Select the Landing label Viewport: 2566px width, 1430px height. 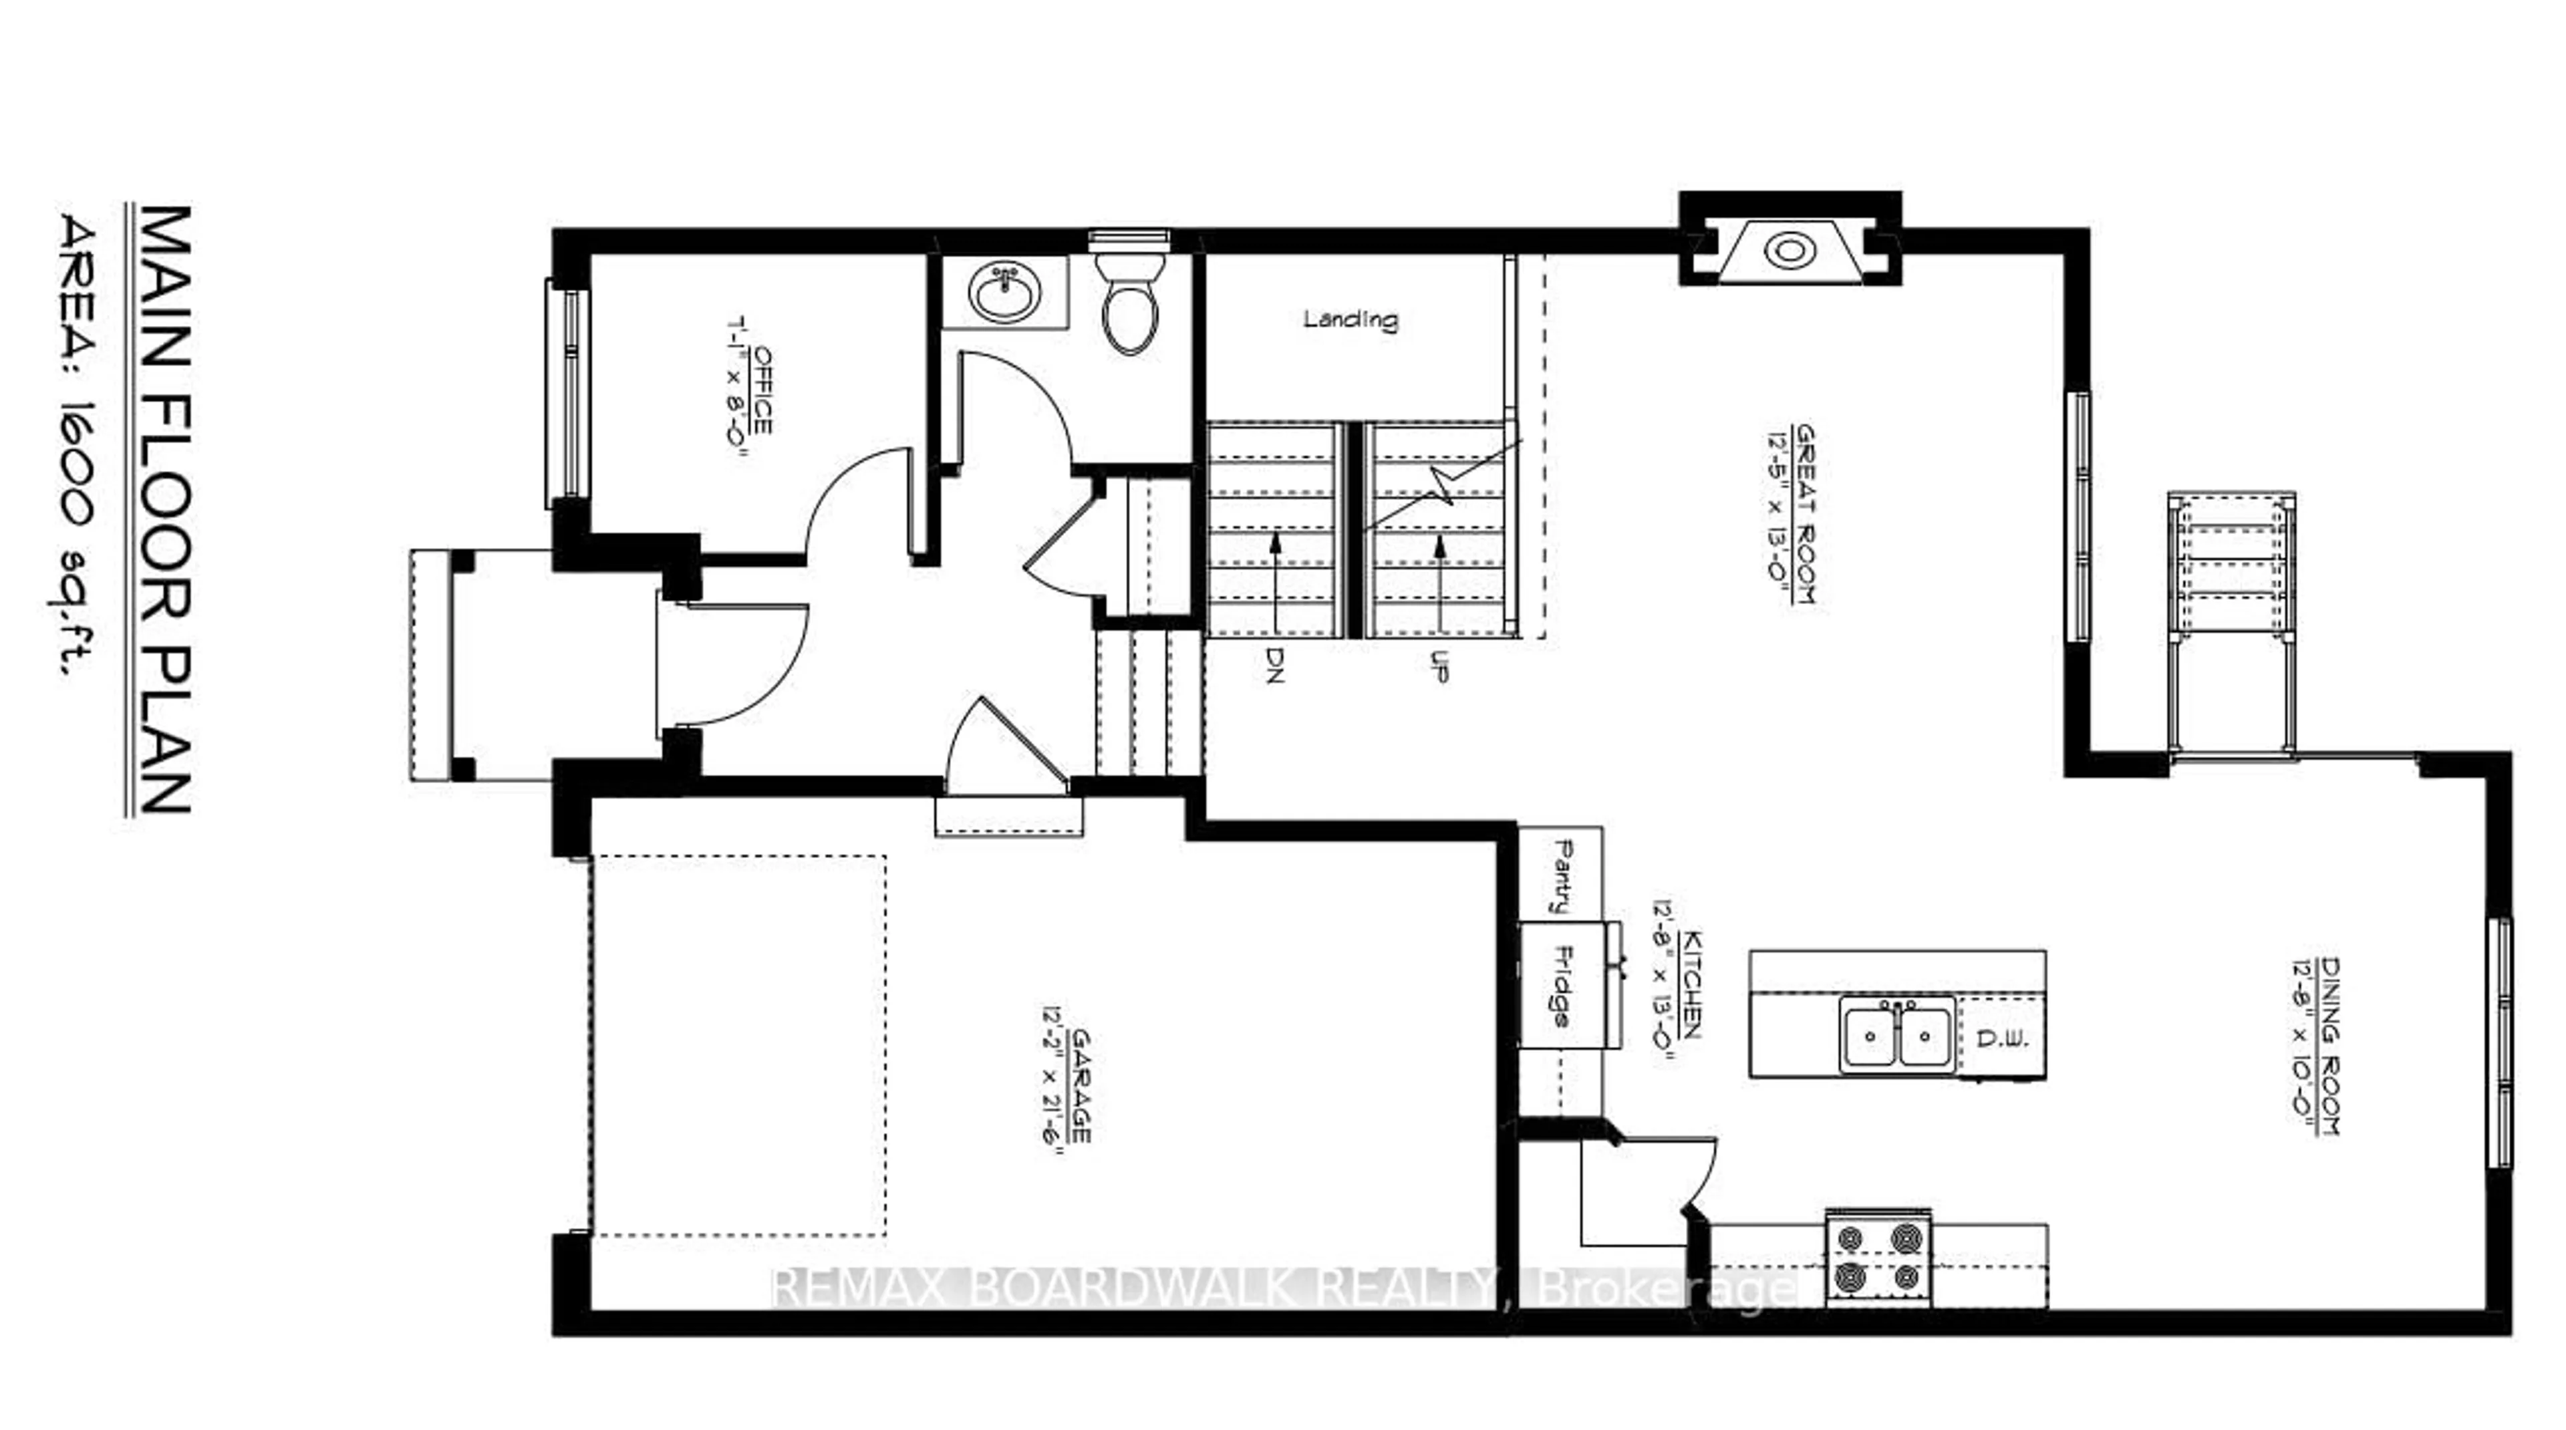coord(1350,319)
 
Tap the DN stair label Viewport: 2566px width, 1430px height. coord(1275,664)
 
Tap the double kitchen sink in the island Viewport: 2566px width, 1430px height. coord(1896,1036)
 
